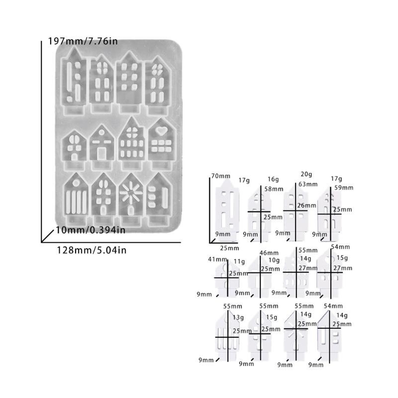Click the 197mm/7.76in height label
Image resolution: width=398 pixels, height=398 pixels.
(83, 41)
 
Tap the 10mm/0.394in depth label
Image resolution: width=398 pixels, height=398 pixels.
(91, 230)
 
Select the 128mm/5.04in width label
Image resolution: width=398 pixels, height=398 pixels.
(92, 250)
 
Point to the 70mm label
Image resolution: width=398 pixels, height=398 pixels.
(221, 176)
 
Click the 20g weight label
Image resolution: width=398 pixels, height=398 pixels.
(306, 175)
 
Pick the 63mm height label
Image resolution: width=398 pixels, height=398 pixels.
(308, 184)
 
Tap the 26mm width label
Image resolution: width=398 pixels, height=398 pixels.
(307, 205)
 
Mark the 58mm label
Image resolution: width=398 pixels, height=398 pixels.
(274, 189)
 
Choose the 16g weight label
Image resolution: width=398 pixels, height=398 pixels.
(273, 180)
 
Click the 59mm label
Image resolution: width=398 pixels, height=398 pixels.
(344, 188)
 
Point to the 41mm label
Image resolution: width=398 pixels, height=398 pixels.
(217, 259)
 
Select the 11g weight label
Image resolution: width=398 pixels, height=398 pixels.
(239, 262)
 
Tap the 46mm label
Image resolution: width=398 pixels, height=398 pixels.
(269, 253)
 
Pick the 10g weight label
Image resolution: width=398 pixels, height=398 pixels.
(274, 260)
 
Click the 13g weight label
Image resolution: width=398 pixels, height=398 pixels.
(238, 317)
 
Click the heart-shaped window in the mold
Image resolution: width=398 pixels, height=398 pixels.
(161, 131)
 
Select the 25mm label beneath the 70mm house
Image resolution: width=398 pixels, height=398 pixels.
(229, 248)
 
